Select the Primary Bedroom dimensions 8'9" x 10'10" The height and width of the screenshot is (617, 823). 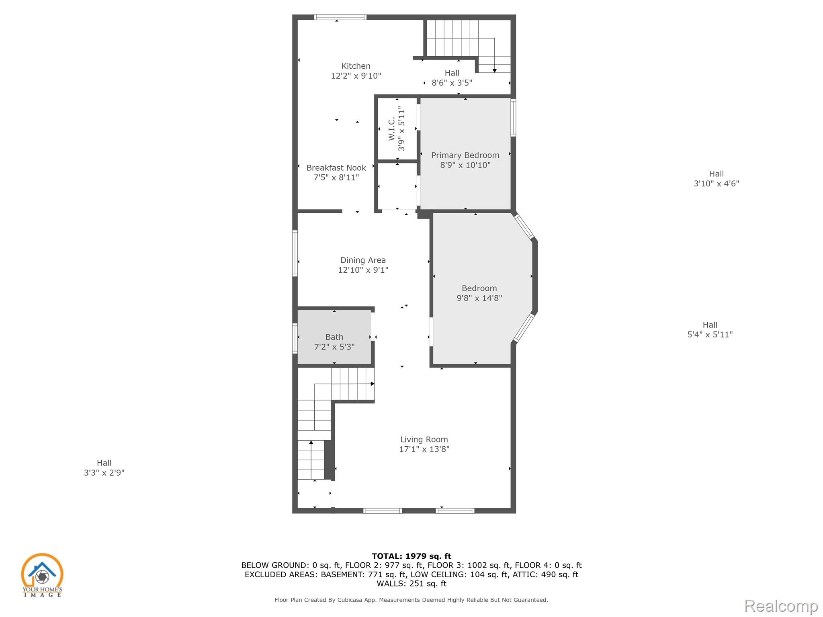pos(465,165)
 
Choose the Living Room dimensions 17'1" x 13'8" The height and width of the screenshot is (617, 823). pos(424,449)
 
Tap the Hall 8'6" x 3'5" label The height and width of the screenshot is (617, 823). pos(452,78)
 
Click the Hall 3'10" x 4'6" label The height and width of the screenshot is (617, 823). pos(717,179)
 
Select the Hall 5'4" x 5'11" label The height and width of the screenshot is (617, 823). pos(710,330)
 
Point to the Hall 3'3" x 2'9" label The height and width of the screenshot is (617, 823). pos(104,468)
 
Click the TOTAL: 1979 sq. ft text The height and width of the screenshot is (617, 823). pos(411,556)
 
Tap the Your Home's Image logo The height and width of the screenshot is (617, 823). pos(42,575)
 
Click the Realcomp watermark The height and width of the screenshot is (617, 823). pos(781,606)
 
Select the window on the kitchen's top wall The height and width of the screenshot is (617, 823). pos(340,17)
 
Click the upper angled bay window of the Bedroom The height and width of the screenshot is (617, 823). pos(524,227)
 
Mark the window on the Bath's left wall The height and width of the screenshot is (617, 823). pos(295,339)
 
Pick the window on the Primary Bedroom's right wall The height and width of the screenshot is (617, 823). pos(513,117)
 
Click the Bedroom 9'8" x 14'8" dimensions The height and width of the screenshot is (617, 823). pos(479,298)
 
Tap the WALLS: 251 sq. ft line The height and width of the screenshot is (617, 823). pos(411,584)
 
